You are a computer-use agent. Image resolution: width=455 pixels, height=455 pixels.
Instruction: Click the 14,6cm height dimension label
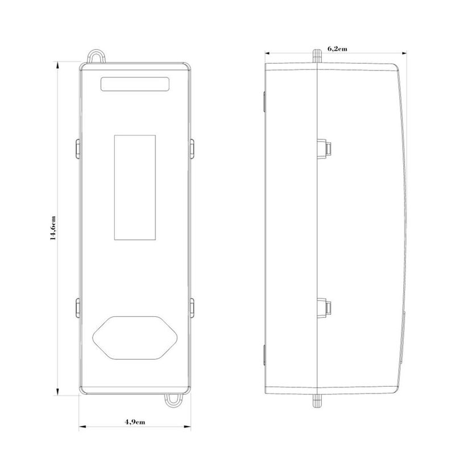coord(53,228)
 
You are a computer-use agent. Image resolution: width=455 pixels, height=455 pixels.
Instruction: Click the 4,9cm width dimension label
coord(135,421)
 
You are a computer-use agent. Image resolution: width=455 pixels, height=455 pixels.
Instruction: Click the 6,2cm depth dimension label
coord(337,49)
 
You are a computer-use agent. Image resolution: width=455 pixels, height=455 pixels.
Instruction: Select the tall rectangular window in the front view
coord(135,188)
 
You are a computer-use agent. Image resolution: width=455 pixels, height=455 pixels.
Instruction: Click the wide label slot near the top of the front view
coord(135,84)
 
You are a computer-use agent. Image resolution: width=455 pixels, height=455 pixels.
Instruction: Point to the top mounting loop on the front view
coord(97,51)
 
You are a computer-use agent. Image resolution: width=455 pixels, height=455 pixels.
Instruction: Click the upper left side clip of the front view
coord(78,148)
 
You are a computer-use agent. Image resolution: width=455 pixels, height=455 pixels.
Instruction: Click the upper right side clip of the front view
coord(192,148)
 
